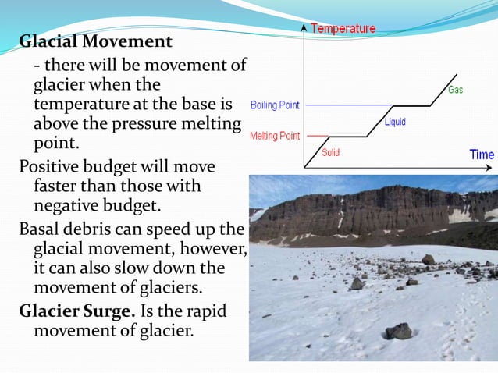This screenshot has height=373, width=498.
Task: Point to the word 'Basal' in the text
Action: click(x=41, y=229)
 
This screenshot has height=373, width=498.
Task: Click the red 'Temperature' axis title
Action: click(x=343, y=29)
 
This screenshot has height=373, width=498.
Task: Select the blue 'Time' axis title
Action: click(x=481, y=155)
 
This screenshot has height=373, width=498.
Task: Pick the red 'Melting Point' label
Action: click(x=274, y=136)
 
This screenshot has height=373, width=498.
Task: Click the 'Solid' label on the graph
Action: click(x=330, y=152)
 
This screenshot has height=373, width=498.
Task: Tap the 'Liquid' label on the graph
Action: click(x=395, y=122)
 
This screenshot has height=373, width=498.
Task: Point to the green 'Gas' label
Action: click(x=455, y=90)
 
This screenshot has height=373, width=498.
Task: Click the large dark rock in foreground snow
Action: click(x=399, y=331)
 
